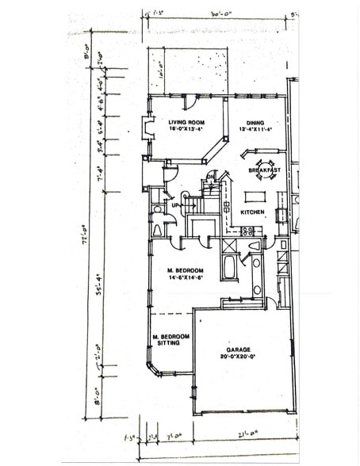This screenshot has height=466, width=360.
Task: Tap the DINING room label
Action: pos(255,123)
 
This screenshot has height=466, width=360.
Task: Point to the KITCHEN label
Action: pos(252,212)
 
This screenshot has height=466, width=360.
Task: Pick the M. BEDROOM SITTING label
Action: pos(171,340)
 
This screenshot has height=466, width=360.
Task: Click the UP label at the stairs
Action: pos(176,204)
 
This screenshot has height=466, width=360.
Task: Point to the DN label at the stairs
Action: pos(210,175)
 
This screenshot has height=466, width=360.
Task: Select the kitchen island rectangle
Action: pos(255,196)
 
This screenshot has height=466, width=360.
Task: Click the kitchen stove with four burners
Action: pos(247,231)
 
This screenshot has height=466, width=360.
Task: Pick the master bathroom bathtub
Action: pos(229,267)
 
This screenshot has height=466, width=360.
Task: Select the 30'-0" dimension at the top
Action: pos(208,13)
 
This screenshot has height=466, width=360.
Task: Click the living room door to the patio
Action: pos(188,101)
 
